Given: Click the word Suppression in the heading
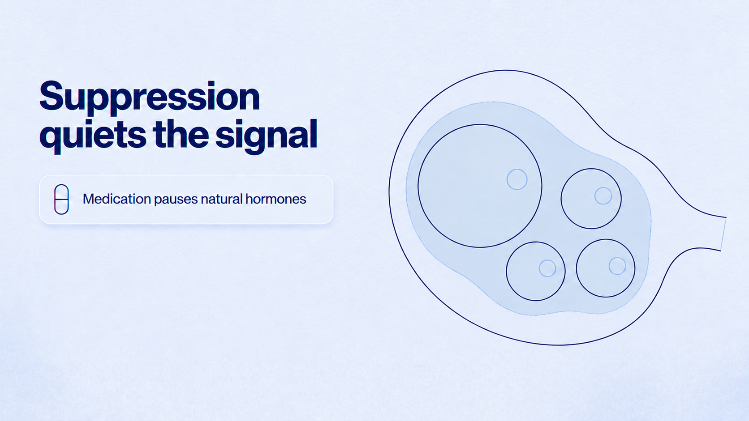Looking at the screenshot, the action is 150,98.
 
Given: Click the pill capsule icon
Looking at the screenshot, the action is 61,200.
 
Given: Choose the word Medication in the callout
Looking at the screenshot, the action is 117,199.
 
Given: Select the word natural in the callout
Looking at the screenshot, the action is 221,199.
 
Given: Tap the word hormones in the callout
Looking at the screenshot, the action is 276,199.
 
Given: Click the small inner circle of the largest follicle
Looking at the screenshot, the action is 517,179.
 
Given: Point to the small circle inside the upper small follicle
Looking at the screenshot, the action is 603,196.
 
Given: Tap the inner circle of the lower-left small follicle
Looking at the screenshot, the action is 547,268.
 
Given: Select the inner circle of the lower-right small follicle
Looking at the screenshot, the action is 617,266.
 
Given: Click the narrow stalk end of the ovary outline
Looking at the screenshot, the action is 723,234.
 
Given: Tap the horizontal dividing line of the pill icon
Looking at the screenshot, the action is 61,200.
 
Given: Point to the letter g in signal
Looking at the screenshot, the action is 255,140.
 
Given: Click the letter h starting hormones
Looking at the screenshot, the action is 249,199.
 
